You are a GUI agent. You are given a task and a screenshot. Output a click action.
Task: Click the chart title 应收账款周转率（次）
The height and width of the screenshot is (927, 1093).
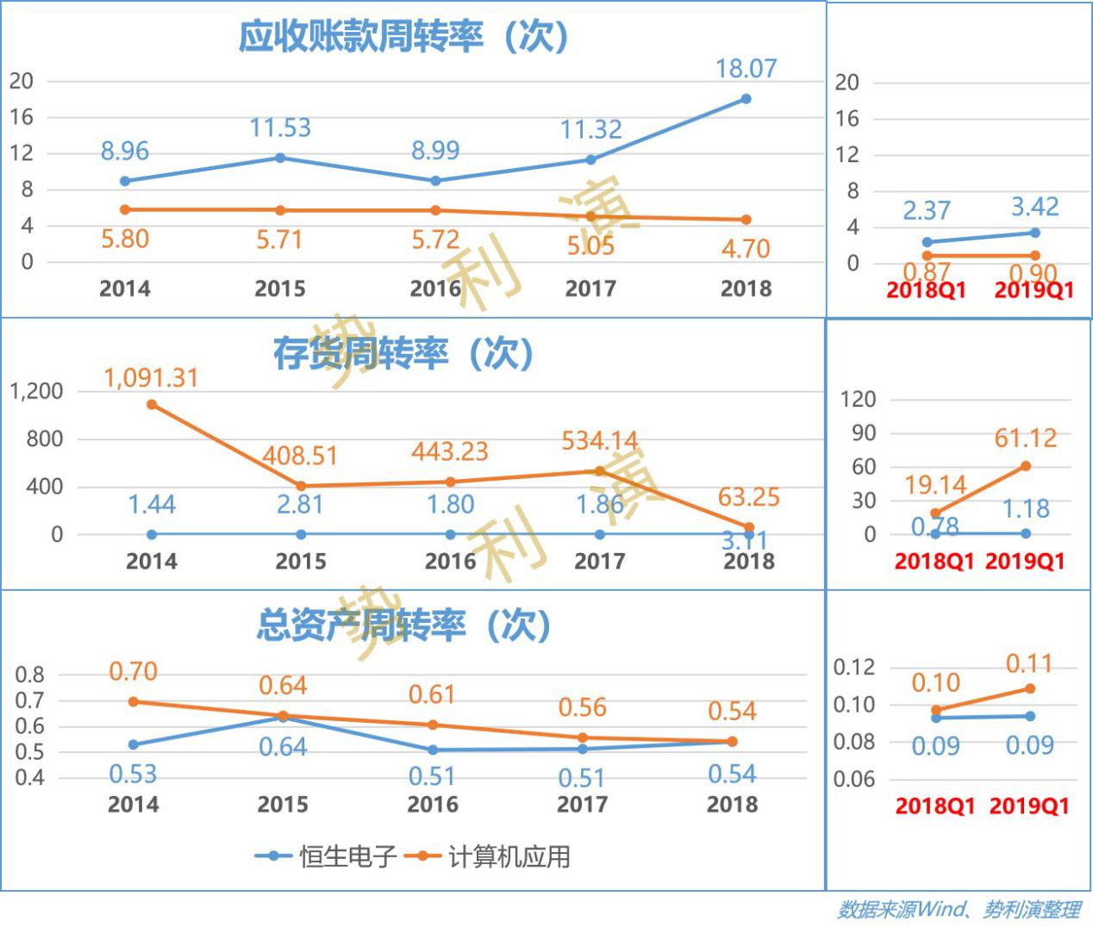[x=403, y=37]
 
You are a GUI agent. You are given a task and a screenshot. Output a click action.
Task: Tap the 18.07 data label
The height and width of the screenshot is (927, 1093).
[x=746, y=69]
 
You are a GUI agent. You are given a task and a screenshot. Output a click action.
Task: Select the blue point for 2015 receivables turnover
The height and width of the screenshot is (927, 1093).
[x=280, y=158]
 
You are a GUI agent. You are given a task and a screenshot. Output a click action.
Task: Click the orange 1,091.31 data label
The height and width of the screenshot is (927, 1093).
[x=151, y=378]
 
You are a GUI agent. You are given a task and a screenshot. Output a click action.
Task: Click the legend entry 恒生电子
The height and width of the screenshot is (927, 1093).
[x=328, y=856]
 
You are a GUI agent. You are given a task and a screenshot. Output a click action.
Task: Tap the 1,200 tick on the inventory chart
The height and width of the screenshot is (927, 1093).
[x=36, y=391]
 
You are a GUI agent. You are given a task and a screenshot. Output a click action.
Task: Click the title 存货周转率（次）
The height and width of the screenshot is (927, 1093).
[x=403, y=353]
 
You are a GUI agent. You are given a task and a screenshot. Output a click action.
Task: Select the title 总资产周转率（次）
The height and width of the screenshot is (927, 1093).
[x=403, y=625]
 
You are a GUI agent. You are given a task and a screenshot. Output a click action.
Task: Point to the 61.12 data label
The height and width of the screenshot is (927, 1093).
[x=1025, y=439]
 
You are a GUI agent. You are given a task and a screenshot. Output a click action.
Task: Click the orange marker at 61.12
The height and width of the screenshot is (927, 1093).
[x=1026, y=466]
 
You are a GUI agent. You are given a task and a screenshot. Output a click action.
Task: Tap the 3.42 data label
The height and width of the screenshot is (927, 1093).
[x=1034, y=207]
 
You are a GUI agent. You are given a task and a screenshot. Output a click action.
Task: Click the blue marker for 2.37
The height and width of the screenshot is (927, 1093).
[x=927, y=242]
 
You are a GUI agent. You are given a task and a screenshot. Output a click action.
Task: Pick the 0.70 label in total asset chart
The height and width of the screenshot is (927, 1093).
[x=133, y=671]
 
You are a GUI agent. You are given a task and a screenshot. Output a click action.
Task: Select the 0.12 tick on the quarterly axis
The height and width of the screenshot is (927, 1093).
[x=853, y=667]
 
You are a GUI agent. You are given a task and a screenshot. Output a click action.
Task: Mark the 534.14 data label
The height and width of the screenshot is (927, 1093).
[x=599, y=441]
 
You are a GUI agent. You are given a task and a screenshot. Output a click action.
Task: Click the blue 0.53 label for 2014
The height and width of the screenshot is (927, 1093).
[x=133, y=775]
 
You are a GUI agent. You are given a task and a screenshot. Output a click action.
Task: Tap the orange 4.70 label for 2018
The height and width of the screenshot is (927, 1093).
[x=746, y=249]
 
